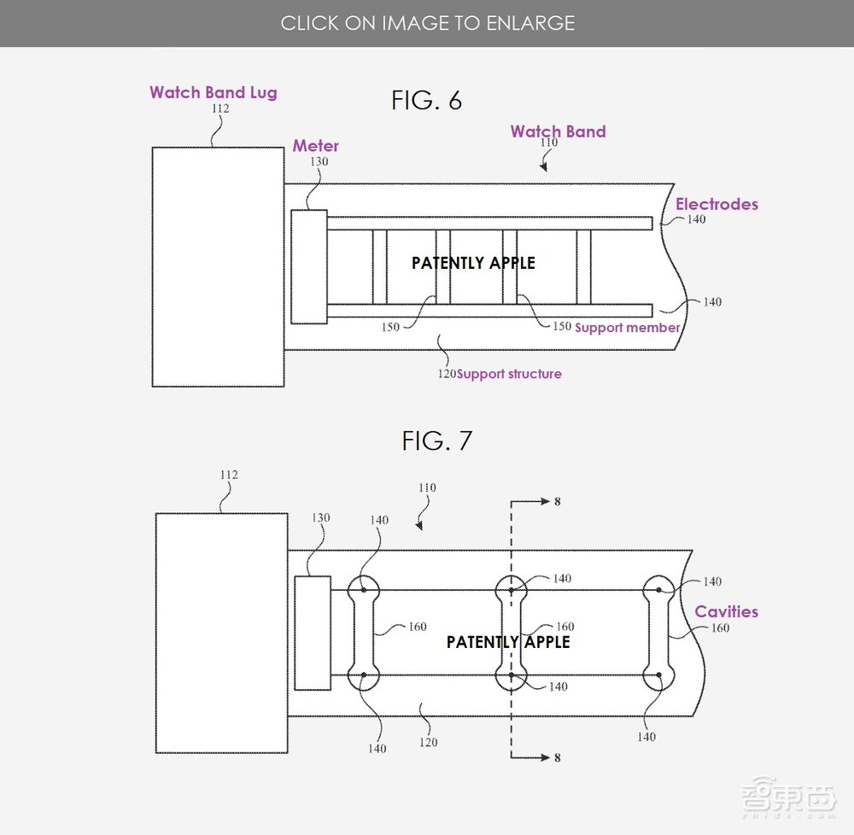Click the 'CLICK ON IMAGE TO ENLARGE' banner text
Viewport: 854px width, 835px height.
tap(427, 23)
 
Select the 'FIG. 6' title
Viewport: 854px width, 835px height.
tap(426, 101)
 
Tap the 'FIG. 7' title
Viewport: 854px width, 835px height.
tap(436, 441)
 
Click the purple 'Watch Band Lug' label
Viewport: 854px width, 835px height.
tap(213, 92)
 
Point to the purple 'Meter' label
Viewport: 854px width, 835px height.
tap(315, 146)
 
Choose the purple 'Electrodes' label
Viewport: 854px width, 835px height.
tap(717, 204)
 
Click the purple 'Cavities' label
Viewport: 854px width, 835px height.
tap(726, 611)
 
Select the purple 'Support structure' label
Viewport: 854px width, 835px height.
tap(509, 374)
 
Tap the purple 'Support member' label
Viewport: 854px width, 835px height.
tap(627, 328)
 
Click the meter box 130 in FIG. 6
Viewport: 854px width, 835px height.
tap(308, 266)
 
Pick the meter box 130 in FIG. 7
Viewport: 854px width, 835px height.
tap(313, 633)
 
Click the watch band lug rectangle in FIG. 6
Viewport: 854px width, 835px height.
tap(218, 266)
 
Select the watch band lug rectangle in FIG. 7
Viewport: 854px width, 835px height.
tap(221, 633)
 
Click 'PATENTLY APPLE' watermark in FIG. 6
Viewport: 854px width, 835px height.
tap(473, 263)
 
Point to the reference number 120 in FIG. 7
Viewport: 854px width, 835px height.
tap(429, 742)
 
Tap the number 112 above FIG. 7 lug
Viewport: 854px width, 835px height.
tap(228, 475)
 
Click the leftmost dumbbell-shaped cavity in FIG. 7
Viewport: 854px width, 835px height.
tap(364, 633)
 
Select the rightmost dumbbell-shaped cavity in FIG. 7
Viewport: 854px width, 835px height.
tap(658, 633)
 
